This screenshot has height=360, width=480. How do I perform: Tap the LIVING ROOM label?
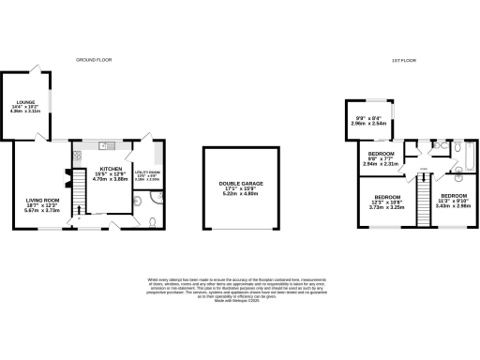(x=41, y=200)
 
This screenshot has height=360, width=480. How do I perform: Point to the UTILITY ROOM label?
(x=148, y=173)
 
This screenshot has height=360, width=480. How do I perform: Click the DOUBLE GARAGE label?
(x=240, y=184)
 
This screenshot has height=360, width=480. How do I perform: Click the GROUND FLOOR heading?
(x=94, y=59)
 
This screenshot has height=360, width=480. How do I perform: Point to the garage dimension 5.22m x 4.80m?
(x=240, y=195)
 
